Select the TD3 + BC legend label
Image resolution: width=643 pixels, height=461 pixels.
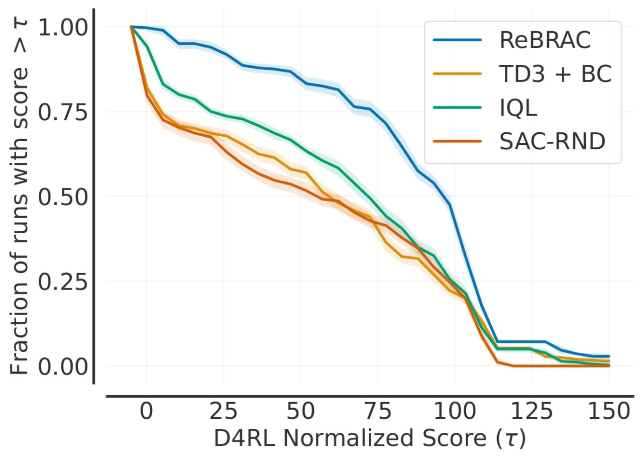coord(555,75)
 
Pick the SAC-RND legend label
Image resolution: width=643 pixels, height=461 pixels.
coord(552,143)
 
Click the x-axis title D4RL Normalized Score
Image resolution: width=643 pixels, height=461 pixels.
coord(369,438)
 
